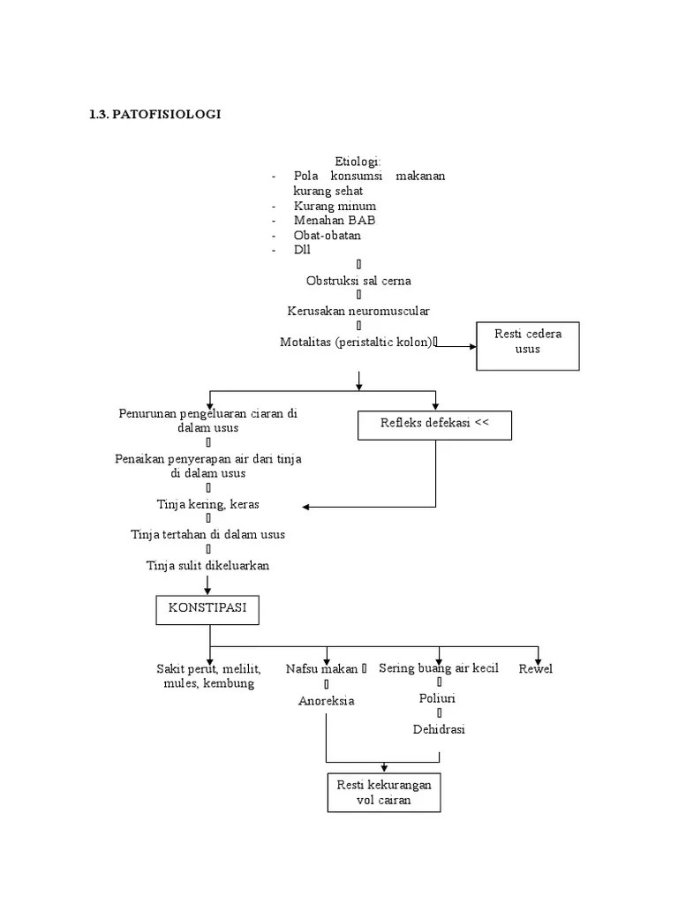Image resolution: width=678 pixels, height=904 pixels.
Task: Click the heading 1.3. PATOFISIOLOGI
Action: click(x=154, y=114)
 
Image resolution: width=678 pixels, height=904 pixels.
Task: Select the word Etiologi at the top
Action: click(x=357, y=161)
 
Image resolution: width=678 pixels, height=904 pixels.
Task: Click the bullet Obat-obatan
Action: click(x=328, y=236)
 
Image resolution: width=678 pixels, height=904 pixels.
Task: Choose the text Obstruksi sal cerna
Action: click(x=358, y=281)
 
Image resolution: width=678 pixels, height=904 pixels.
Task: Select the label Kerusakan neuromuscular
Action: click(x=358, y=312)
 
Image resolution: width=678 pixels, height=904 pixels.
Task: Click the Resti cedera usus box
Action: click(x=528, y=345)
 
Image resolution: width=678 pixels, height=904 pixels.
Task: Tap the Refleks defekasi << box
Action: click(x=434, y=424)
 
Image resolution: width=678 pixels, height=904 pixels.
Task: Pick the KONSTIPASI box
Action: click(x=208, y=610)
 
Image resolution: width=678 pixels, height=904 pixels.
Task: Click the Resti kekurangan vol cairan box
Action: click(x=383, y=793)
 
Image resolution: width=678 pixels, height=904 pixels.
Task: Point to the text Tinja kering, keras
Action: click(x=207, y=504)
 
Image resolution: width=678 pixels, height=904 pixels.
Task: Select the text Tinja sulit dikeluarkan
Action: click(x=207, y=565)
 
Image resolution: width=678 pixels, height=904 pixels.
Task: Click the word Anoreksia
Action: click(x=326, y=701)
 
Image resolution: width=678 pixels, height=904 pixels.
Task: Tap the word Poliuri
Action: click(x=438, y=698)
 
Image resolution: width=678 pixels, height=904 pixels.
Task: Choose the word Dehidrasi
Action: click(x=439, y=729)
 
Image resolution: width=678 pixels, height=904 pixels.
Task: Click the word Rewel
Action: click(x=536, y=669)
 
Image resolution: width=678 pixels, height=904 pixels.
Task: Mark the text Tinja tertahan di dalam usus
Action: click(x=207, y=535)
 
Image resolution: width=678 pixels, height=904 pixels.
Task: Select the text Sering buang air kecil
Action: click(x=439, y=668)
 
